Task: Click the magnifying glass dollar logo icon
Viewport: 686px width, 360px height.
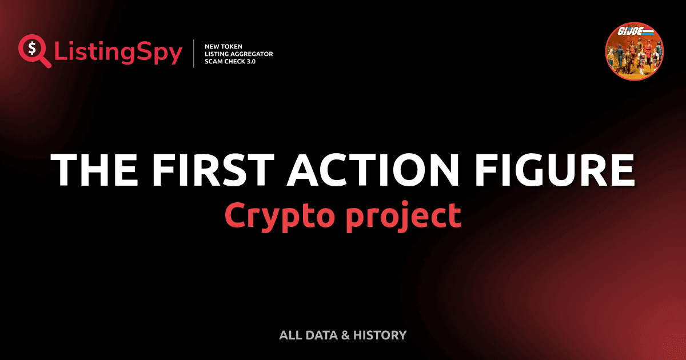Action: click(x=34, y=51)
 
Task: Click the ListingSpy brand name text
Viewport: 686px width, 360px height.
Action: click(x=118, y=53)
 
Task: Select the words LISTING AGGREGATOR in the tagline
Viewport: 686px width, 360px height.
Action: click(x=238, y=54)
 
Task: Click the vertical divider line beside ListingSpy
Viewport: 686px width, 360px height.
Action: click(x=194, y=54)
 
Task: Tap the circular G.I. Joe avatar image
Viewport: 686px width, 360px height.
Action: click(x=634, y=53)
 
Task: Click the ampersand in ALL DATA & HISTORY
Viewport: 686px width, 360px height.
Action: click(x=346, y=335)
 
